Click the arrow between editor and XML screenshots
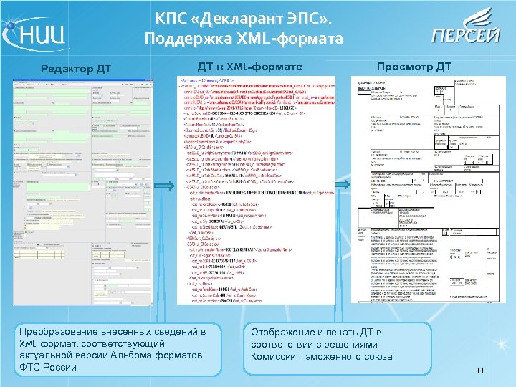coord(163,186)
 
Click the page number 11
coord(481,370)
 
